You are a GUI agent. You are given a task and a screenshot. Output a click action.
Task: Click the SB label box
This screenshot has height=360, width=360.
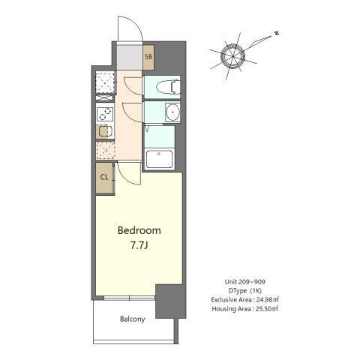click(148, 56)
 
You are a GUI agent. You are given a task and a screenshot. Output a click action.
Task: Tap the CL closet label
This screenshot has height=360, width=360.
click(104, 178)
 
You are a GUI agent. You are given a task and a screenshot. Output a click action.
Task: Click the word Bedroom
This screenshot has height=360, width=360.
click(139, 230)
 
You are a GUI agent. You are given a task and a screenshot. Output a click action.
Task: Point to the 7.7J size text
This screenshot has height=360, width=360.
click(139, 245)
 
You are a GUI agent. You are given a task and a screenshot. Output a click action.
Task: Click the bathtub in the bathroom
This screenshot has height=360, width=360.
click(160, 159)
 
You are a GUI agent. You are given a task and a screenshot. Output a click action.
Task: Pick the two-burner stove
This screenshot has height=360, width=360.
click(103, 114)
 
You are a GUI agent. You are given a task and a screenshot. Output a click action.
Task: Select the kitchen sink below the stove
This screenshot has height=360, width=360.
click(103, 132)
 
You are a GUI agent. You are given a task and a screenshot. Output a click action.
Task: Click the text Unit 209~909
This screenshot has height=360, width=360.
click(244, 281)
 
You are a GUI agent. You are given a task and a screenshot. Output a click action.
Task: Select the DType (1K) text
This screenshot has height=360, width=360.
click(244, 290)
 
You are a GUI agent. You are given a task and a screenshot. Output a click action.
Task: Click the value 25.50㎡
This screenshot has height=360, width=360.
click(264, 308)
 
